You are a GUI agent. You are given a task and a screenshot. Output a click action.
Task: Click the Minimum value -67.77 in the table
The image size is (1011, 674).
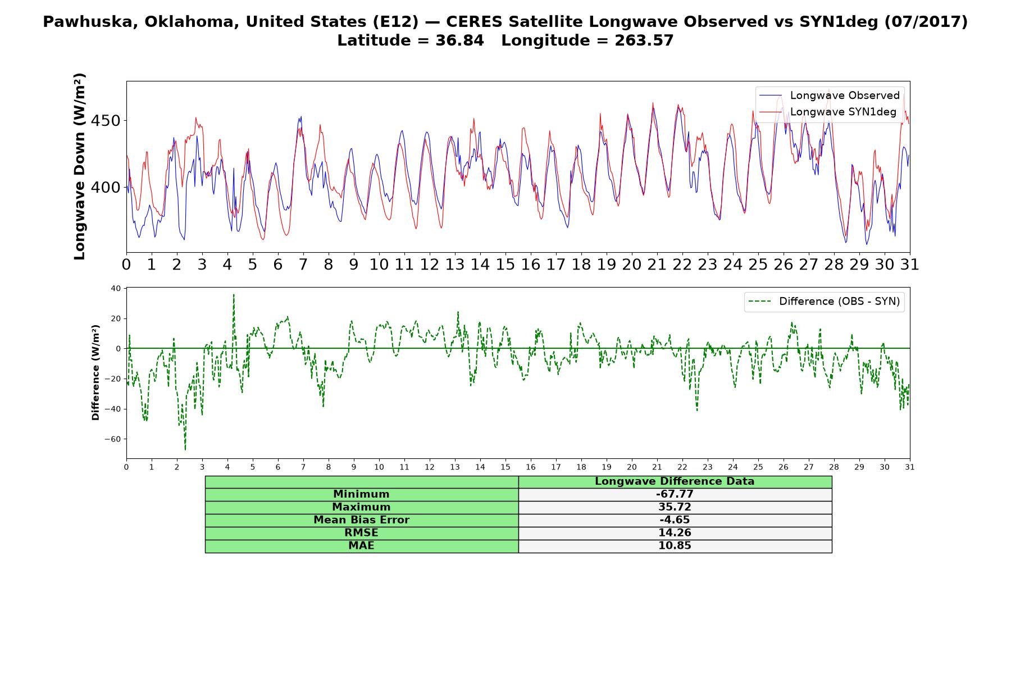point(675,494)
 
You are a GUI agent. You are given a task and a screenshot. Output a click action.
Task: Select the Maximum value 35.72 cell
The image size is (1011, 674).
point(675,507)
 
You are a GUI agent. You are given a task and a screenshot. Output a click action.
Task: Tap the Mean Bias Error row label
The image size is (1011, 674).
point(361,520)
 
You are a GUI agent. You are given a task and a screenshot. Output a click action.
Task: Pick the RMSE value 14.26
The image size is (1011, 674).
point(675,533)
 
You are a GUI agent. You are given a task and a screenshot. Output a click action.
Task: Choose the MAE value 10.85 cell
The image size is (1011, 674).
point(675,546)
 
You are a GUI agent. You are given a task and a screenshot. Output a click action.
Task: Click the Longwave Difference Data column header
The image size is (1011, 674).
point(675,481)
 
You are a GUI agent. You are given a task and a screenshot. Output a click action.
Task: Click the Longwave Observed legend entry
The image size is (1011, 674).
point(830,95)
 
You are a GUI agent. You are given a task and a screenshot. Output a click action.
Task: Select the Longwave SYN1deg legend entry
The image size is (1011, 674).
point(828,112)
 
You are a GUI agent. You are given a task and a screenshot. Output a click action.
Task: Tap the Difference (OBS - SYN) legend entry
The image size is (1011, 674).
point(824,302)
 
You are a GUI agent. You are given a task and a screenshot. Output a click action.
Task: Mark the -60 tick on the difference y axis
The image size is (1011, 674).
point(113,439)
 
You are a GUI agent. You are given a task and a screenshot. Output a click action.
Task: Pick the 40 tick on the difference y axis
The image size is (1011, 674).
point(116,289)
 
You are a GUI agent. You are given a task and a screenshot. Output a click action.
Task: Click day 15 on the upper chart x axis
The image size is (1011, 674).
point(505,265)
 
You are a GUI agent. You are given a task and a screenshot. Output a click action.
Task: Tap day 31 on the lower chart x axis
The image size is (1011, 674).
point(910,467)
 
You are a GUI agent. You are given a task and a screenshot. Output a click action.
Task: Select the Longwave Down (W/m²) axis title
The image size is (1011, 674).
point(80,166)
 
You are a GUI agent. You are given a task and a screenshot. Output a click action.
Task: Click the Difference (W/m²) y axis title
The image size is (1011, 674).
point(95,372)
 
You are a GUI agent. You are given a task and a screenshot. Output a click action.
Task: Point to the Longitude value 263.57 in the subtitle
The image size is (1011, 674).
point(644,40)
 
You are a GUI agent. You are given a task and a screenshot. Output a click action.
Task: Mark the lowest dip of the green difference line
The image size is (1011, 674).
point(185,450)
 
